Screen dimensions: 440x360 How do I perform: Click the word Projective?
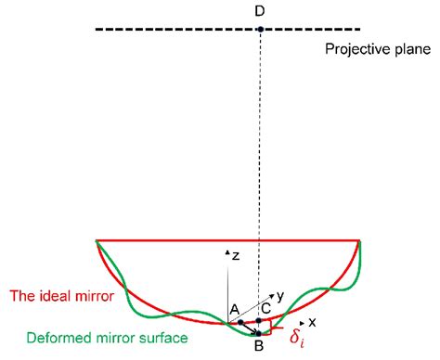pos(354,49)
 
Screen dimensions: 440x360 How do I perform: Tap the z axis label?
pos(238,254)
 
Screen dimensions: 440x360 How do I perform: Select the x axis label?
pos(313,322)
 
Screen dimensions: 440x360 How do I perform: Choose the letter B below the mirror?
pos(260,346)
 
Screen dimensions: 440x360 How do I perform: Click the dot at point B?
pos(260,333)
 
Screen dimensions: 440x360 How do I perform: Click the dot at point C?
pos(260,321)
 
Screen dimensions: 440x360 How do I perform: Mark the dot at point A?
pos(240,322)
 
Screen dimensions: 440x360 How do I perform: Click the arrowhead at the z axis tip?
pos(227,251)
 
